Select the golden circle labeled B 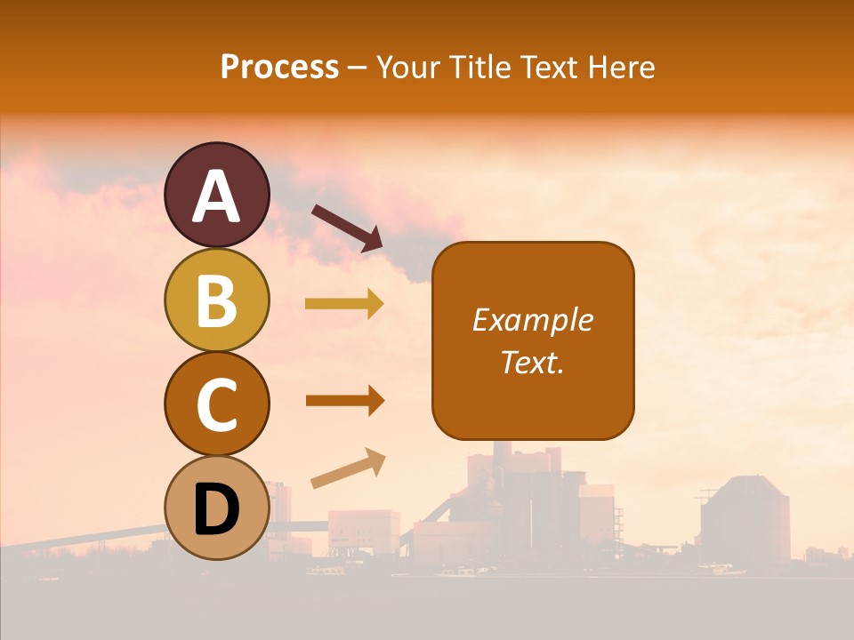(216, 300)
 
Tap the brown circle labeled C (216, 404)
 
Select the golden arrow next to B (344, 304)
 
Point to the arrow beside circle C (344, 401)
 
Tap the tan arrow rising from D (348, 468)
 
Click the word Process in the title (279, 67)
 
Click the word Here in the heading (623, 67)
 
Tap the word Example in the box (532, 320)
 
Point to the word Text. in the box (532, 362)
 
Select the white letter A (216, 196)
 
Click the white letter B (216, 300)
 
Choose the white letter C (216, 404)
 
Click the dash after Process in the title (358, 68)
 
